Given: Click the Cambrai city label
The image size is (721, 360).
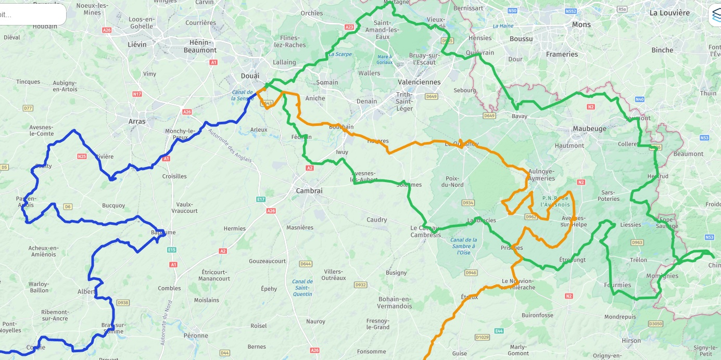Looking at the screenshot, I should [309, 191].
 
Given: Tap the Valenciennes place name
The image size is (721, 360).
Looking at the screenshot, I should [419, 82].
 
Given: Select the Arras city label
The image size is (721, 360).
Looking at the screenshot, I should [137, 121].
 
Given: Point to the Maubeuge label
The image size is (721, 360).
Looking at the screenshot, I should [589, 128].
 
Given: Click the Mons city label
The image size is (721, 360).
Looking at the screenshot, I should [581, 24].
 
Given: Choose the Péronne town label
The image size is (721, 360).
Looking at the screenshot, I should [196, 336].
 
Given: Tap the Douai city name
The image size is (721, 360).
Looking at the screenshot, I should [250, 76].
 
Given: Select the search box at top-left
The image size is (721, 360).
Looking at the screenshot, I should [31, 15].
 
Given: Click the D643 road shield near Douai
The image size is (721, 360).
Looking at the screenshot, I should [266, 104].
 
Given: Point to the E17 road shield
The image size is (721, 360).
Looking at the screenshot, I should [261, 199].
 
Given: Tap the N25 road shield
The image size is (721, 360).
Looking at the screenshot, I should [82, 156].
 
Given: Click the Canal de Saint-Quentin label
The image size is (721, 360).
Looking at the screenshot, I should [302, 288].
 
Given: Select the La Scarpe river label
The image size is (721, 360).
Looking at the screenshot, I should [340, 54].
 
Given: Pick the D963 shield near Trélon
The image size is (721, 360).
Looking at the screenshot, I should [637, 242].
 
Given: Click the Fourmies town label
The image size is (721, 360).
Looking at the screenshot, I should [617, 285].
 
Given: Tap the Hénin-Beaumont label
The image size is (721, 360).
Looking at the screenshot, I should [200, 46].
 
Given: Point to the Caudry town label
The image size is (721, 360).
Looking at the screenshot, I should [376, 220].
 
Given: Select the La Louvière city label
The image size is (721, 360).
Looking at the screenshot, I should [669, 13].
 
